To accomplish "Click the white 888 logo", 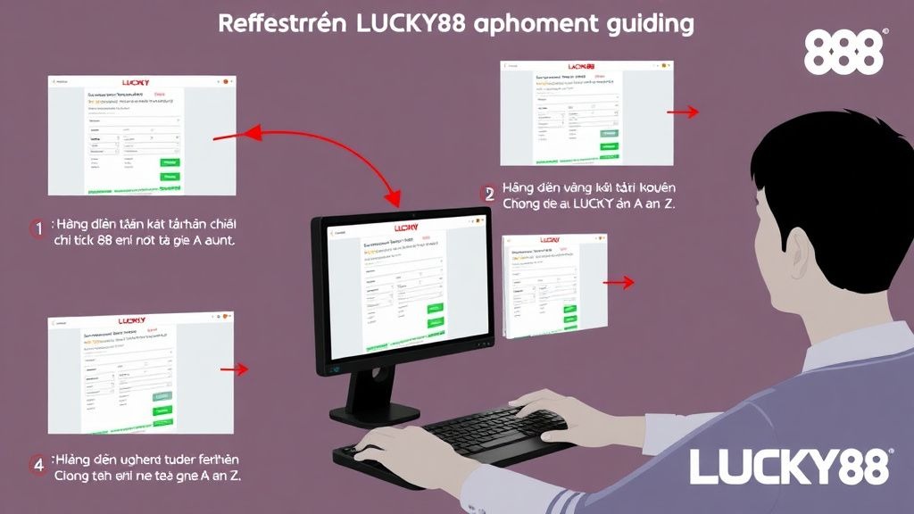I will [844, 53].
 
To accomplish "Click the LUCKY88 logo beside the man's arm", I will [791, 466].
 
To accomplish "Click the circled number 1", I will [37, 228].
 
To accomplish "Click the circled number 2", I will [487, 193].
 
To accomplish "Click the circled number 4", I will [37, 464].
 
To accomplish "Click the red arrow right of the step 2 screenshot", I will [684, 112].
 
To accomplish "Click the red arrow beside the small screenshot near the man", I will [619, 282].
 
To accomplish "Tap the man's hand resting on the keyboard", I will [536, 406].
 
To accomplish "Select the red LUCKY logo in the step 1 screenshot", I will [136, 82].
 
